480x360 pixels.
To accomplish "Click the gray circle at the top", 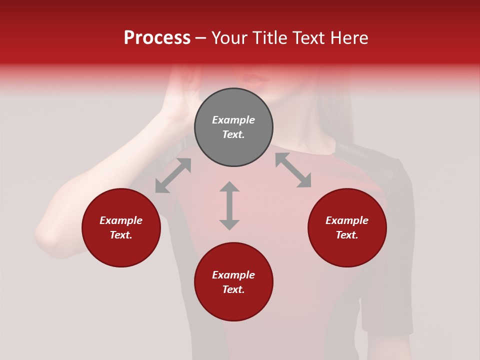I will pyautogui.click(x=233, y=127).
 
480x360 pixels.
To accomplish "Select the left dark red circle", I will pyautogui.click(x=121, y=227).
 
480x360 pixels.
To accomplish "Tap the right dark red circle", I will pyautogui.click(x=347, y=227).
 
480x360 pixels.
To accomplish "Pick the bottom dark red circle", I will pyautogui.click(x=233, y=282).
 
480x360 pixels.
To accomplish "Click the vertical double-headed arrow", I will pyautogui.click(x=229, y=205).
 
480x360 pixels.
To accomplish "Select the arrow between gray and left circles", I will pyautogui.click(x=173, y=175).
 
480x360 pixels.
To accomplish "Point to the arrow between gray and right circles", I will pyautogui.click(x=293, y=170).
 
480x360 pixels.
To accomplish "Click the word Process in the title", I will pyautogui.click(x=157, y=38).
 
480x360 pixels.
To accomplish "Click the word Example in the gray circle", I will pyautogui.click(x=233, y=120).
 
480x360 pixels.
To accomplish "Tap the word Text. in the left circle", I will pyautogui.click(x=121, y=235).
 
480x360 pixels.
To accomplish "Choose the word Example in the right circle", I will pyautogui.click(x=347, y=220).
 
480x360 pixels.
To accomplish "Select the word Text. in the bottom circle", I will pyautogui.click(x=233, y=289).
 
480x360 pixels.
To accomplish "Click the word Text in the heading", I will pyautogui.click(x=307, y=38).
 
